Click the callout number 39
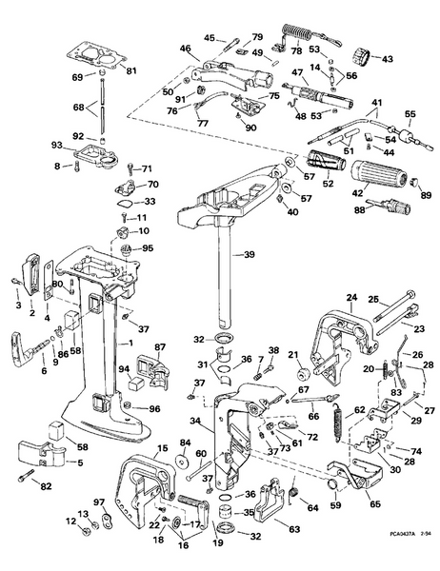(250, 254)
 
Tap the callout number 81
(131, 71)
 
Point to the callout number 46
(185, 48)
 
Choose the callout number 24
(350, 297)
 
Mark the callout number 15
(162, 447)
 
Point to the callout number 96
(155, 409)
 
